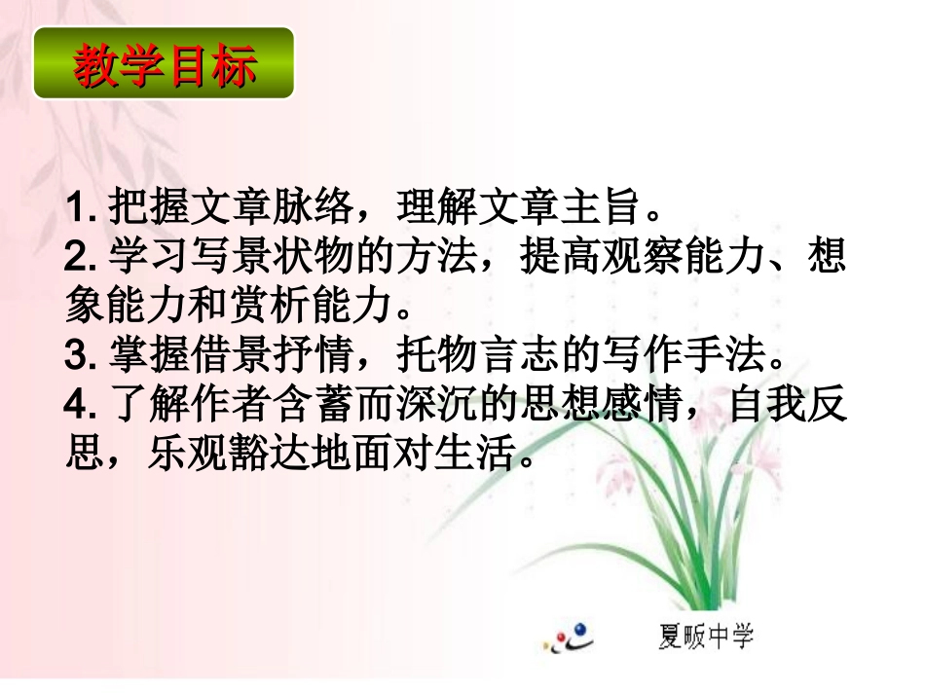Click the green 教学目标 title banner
(164, 64)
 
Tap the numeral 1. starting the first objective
(80, 207)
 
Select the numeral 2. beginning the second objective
(80, 258)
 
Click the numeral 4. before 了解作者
(80, 405)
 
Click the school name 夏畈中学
(704, 638)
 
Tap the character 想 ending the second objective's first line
(827, 258)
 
